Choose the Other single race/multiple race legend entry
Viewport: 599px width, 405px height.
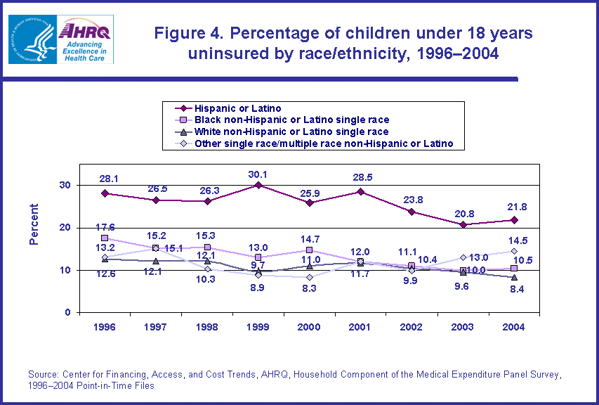[x=317, y=143]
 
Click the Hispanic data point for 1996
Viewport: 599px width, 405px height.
[x=105, y=193]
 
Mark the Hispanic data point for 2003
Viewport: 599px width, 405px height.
[x=463, y=224]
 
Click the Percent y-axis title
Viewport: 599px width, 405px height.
[x=34, y=225]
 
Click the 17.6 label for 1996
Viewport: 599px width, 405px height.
[x=105, y=227]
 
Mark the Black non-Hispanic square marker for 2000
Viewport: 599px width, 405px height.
[x=310, y=250]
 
